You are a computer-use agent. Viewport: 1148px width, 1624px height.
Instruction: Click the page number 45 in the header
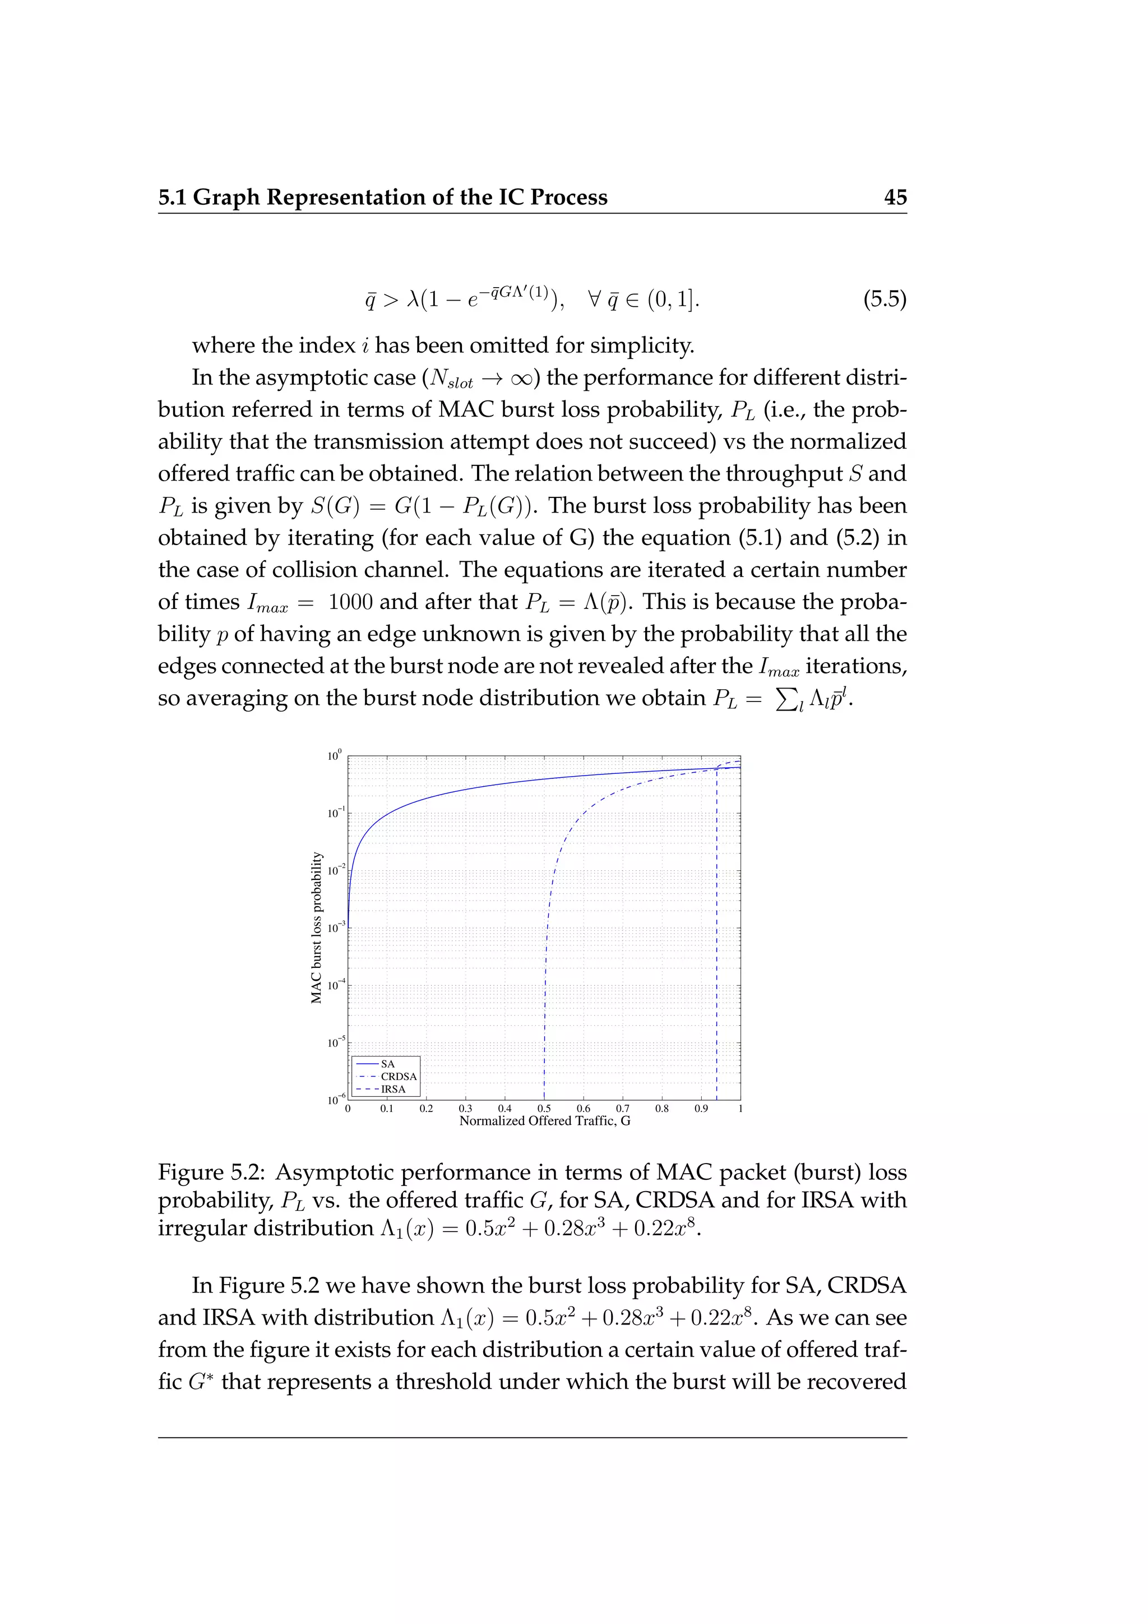click(895, 197)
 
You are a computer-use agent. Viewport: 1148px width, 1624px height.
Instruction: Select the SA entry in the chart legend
click(387, 1064)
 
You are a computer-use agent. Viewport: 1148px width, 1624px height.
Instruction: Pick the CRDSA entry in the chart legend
click(399, 1077)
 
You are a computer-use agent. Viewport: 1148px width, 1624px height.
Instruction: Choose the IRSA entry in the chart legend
click(393, 1089)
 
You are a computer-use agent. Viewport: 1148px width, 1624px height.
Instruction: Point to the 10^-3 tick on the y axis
click(336, 928)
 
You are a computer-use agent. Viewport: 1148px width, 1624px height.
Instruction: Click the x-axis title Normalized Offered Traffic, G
click(544, 1121)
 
